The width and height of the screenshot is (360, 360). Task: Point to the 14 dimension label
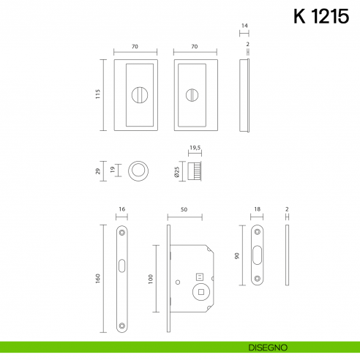click(x=245, y=26)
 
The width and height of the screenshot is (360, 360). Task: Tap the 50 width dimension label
click(x=184, y=209)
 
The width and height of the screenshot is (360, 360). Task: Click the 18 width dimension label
click(x=258, y=209)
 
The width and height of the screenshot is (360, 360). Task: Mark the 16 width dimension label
click(x=121, y=209)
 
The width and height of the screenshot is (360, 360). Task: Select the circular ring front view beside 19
click(x=136, y=172)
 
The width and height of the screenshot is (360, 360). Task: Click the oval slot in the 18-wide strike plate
click(x=258, y=252)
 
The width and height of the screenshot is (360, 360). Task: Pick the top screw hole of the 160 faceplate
click(x=121, y=233)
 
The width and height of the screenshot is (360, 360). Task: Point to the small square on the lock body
click(x=198, y=276)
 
